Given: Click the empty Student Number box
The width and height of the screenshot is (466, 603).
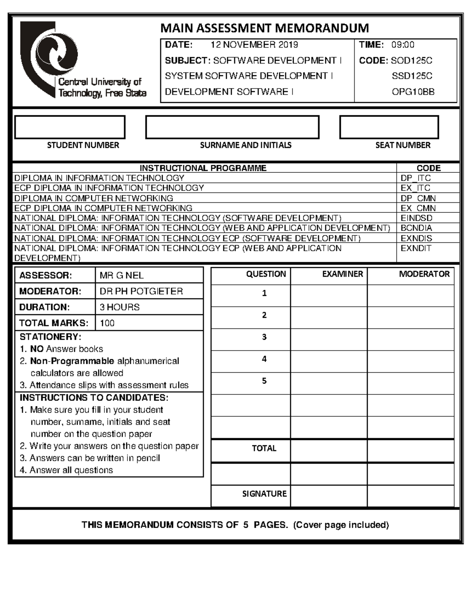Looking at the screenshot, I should [x=70, y=127].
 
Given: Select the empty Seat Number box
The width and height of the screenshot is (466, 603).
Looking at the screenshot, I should [x=389, y=127].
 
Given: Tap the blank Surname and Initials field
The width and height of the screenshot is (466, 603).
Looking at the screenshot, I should [x=232, y=127].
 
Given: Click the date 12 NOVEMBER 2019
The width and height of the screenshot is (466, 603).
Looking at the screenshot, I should [x=254, y=45].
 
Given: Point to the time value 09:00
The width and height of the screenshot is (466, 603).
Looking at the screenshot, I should [x=403, y=45].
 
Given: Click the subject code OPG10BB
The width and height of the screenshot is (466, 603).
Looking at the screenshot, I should [x=413, y=92].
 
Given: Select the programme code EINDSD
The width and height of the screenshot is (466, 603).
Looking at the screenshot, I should [x=416, y=218].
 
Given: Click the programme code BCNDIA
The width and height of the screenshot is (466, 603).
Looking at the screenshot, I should [x=416, y=228].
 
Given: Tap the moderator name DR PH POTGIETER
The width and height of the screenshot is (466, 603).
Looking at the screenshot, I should [x=141, y=291].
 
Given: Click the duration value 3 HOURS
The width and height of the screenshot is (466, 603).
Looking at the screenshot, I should [x=119, y=307].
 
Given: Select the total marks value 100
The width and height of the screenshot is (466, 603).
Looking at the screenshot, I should [x=107, y=323].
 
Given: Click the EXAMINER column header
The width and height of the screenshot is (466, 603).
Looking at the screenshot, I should [x=342, y=274].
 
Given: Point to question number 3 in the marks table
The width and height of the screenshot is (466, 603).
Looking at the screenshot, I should [x=264, y=337].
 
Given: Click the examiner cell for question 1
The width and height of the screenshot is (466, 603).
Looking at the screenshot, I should [x=329, y=296].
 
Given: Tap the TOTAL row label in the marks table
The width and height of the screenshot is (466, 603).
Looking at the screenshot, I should [x=264, y=448].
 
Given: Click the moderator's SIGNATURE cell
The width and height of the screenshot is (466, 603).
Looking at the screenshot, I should [x=410, y=494].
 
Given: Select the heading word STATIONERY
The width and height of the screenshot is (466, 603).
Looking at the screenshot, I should [x=50, y=337].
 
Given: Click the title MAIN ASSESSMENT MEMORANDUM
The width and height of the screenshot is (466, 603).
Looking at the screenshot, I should [x=264, y=28].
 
